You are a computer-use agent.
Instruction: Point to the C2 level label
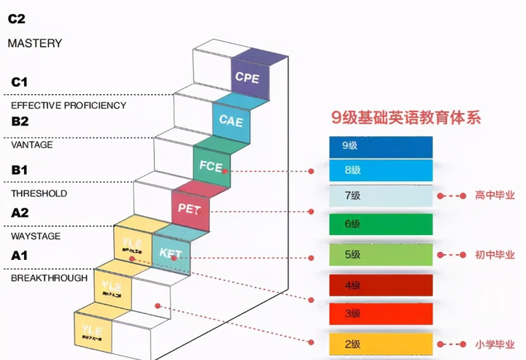click(x=16, y=20)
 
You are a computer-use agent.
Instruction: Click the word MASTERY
click(x=34, y=43)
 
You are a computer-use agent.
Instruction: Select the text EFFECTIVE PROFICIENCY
click(x=68, y=105)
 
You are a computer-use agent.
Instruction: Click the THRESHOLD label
click(x=38, y=194)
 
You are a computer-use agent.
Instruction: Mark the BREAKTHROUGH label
click(x=48, y=278)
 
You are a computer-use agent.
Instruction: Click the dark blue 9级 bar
click(x=380, y=145)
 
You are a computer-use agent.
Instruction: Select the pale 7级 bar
click(x=380, y=195)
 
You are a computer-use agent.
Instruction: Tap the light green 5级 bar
click(x=380, y=254)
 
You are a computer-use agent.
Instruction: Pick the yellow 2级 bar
click(x=380, y=342)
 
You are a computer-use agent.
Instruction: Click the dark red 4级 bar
click(x=380, y=284)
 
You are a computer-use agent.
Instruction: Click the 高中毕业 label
click(x=495, y=196)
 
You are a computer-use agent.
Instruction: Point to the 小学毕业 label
click(x=495, y=343)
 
